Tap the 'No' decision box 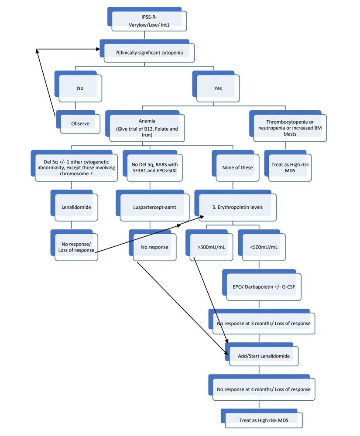(x=80, y=88)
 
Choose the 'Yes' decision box (x=218, y=88)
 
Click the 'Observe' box (x=80, y=123)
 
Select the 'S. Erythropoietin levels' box (x=237, y=207)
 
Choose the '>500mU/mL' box (x=208, y=247)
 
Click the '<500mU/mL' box (x=264, y=247)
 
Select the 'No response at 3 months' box (x=263, y=324)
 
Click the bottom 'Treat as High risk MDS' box (x=263, y=420)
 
